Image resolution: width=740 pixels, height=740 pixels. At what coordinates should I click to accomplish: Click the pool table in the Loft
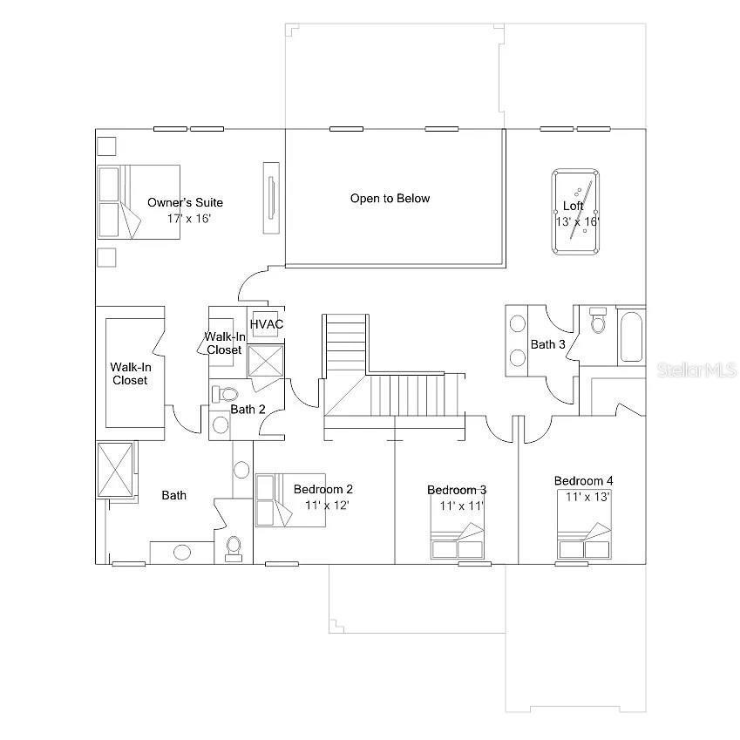575,212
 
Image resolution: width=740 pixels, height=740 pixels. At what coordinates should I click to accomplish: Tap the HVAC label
267,324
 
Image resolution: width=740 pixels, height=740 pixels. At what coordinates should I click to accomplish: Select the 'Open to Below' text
390,199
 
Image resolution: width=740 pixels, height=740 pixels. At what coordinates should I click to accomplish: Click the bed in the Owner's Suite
138,200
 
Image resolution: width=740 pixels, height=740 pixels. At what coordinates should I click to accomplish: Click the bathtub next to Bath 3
631,336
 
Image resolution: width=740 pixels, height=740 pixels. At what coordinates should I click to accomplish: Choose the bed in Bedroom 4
584,540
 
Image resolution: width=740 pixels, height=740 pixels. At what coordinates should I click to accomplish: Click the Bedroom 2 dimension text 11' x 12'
327,505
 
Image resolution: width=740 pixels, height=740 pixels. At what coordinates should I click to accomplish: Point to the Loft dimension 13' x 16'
577,221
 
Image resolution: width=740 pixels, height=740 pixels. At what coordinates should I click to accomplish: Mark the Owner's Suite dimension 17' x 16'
189,218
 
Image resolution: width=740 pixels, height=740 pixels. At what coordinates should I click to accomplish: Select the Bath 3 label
548,344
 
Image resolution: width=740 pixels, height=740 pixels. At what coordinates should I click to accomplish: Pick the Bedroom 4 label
583,481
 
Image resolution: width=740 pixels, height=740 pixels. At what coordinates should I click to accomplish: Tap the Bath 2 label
248,409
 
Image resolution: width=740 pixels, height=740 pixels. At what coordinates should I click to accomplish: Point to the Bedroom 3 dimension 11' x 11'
461,505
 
